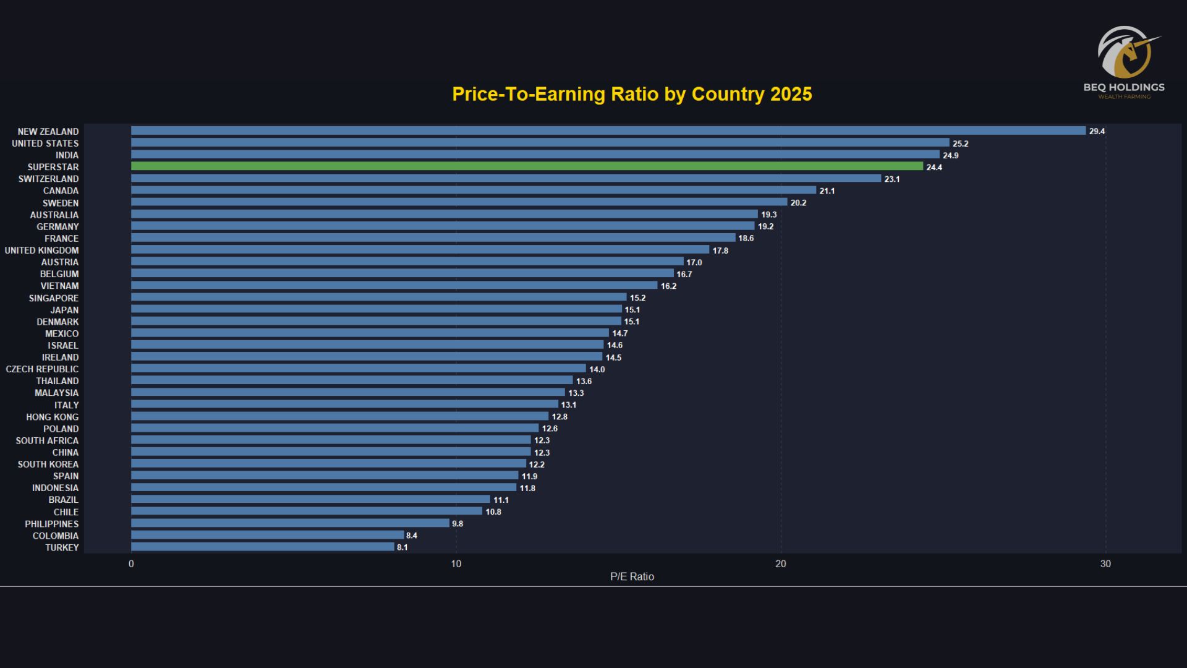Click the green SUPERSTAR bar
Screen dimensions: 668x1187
527,166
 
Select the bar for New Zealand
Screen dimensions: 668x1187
608,131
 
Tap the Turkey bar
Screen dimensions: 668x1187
263,547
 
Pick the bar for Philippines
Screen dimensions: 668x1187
290,523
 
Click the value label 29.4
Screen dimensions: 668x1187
1097,131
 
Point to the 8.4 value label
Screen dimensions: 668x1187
412,536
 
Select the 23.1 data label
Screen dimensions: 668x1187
892,179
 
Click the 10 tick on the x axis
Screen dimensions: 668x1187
456,564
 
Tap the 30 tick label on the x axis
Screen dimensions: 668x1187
1105,564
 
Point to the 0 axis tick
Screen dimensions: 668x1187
131,564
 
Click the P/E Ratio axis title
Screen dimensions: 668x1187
632,576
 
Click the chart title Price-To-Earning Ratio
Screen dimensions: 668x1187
632,94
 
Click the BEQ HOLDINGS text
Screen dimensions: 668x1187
1124,87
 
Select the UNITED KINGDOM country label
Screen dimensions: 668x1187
42,250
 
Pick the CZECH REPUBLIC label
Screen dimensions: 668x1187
43,369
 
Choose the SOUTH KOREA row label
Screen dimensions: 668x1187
48,465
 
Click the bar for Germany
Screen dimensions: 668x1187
443,226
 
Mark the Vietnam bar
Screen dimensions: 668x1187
394,286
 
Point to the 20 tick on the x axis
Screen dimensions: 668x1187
781,564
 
